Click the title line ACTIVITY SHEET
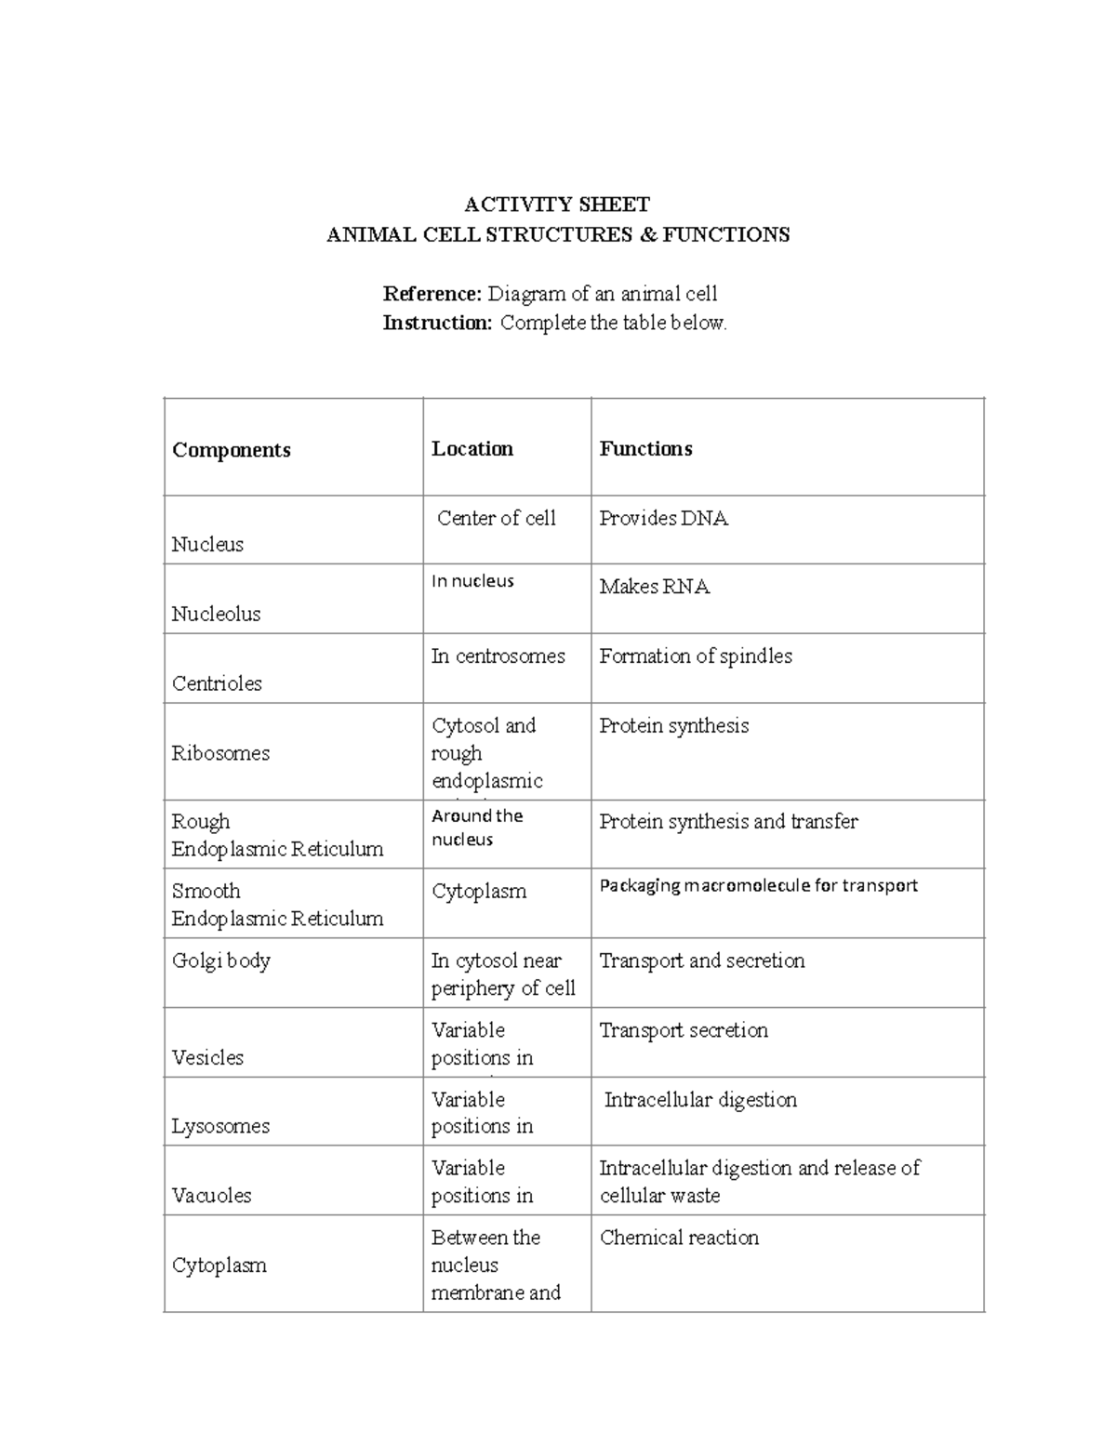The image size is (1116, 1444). coord(557,205)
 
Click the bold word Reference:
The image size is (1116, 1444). coord(432,294)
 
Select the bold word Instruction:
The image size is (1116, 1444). coord(437,324)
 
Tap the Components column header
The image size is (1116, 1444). coord(232,450)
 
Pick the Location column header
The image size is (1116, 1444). coord(472,449)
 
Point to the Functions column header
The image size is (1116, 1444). coord(645,449)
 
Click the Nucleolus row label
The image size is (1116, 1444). coord(216,614)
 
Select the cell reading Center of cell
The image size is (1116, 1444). coord(496,518)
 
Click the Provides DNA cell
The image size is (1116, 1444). coord(663,518)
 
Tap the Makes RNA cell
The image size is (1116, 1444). coord(654,587)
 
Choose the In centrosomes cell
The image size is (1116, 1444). coord(498,656)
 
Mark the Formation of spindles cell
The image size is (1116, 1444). coord(696,656)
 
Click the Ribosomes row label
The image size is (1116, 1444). coord(220,753)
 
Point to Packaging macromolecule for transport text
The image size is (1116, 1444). coord(758,885)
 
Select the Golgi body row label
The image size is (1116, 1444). coord(220,960)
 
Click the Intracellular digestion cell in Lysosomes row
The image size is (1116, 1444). coord(700,1100)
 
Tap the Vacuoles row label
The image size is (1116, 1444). coord(211,1196)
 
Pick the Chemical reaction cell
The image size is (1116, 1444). coord(679,1238)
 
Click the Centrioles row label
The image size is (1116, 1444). coord(217,683)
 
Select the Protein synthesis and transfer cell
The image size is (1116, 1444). coord(728,822)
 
